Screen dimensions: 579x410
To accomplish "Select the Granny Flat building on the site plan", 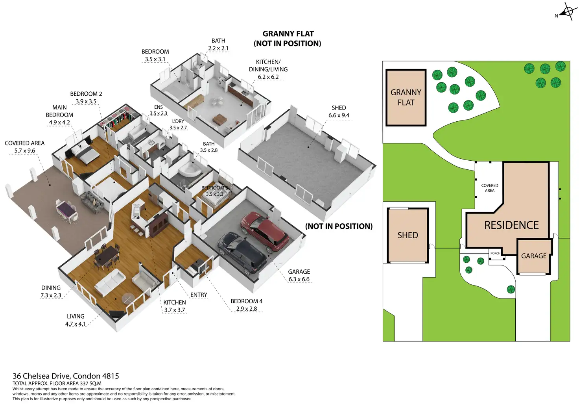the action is pos(406,98).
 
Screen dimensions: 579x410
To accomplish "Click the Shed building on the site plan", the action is pos(408,235).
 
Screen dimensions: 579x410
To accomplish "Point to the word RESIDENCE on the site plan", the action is pos(511,225).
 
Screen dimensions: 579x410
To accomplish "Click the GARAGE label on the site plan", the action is pos(534,256).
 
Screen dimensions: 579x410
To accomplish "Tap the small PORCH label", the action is pos(495,253).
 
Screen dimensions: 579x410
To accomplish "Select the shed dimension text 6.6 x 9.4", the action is pos(339,115).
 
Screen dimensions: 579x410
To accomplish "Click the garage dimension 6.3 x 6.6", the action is pos(299,279).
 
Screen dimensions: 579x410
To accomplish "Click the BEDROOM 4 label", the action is pos(247,301).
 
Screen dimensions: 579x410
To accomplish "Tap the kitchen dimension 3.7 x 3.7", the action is pos(174,310).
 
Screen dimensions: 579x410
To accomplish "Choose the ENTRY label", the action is pos(199,295).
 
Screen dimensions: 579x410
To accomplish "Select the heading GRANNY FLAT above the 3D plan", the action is pos(288,34).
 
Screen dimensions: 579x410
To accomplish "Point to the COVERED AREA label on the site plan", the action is pos(489,188).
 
